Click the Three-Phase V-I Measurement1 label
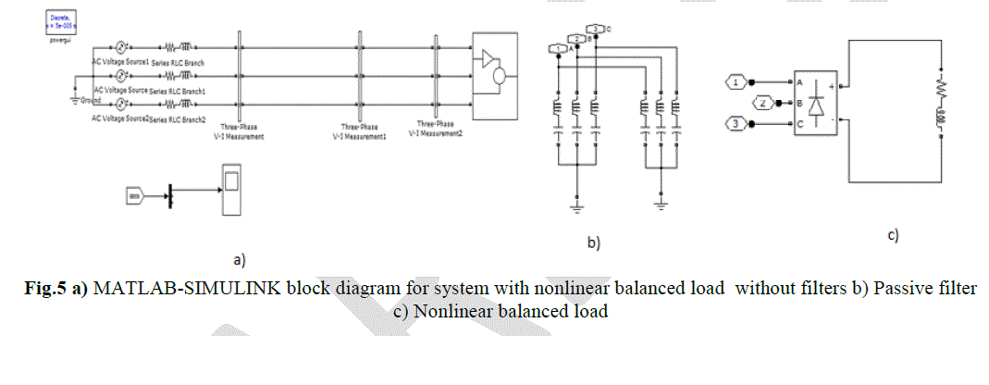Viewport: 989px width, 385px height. coord(359,130)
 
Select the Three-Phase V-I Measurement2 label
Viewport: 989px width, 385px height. coord(434,129)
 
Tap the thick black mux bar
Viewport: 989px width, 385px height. coord(169,195)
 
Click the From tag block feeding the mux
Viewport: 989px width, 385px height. coord(135,195)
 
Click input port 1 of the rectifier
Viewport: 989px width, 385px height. coord(734,82)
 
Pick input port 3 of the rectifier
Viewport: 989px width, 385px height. coord(734,123)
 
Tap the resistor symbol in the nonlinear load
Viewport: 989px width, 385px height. coord(941,88)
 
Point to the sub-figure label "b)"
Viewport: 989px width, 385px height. coord(594,243)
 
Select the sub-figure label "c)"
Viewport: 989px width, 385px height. coord(894,236)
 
